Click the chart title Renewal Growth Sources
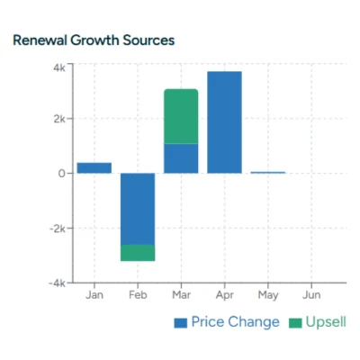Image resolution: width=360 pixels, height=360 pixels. pos(93,40)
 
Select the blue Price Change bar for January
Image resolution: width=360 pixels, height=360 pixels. pos(94,167)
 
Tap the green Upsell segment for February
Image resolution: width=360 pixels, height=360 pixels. pos(138,253)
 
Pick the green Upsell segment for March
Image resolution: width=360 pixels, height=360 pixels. pos(181,116)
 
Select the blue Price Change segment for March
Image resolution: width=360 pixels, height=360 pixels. pos(181,158)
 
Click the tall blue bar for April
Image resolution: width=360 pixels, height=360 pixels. pos(224,122)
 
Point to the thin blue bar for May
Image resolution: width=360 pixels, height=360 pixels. pos(267,172)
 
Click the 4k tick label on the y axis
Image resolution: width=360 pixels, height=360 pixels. pos(58,67)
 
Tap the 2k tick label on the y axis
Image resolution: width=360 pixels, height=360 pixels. pos(58,119)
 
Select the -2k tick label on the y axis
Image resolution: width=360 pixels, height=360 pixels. pos(57,228)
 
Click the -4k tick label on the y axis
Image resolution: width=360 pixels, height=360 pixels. pos(57,283)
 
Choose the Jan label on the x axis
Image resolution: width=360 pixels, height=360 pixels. pos(94,295)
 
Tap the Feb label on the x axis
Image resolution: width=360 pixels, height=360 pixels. pos(138,295)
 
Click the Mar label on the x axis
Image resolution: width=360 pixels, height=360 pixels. pos(181,295)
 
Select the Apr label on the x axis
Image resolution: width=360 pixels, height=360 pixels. pos(224,295)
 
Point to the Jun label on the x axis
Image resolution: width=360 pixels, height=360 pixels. pos(310,295)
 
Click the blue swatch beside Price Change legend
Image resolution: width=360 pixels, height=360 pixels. pos(180,322)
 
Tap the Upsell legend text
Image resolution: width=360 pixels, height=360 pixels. pos(326,322)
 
